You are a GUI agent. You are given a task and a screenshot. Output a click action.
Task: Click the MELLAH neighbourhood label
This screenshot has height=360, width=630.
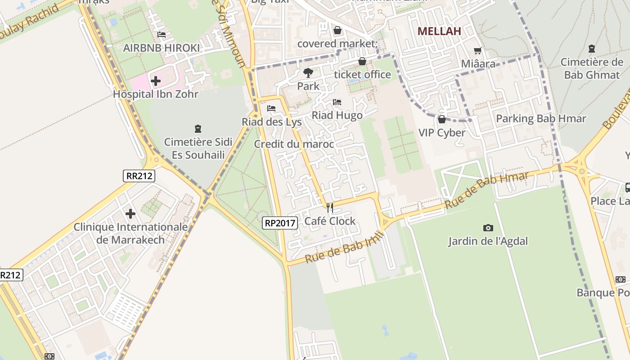[x=439, y=31]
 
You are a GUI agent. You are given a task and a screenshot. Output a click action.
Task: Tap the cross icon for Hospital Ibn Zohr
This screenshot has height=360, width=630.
[x=156, y=81]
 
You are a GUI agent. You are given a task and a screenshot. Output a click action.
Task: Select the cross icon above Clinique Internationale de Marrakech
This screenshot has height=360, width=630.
[x=130, y=213]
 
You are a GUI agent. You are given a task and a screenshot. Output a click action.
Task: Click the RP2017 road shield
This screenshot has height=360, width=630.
[x=280, y=222]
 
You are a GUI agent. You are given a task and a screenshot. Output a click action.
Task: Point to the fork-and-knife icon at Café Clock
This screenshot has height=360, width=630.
[x=330, y=208]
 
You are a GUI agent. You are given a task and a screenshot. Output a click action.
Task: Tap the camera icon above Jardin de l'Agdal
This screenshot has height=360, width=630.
[x=488, y=228]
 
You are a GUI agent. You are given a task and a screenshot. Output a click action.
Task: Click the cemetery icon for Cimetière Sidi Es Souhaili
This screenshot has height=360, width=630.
[x=198, y=129]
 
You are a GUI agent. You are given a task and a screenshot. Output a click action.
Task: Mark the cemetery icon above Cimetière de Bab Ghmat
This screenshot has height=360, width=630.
[x=592, y=49]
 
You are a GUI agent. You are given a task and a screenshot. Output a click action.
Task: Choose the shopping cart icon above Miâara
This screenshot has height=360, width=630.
[x=478, y=51]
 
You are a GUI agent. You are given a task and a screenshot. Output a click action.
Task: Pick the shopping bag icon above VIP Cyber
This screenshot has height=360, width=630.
[x=442, y=119]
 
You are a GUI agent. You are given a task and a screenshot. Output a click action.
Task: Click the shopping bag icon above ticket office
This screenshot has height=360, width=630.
[x=362, y=61]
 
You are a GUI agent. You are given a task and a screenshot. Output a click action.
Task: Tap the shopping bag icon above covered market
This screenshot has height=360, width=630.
[x=337, y=30]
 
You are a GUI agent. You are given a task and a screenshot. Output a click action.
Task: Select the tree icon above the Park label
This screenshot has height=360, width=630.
[x=308, y=72]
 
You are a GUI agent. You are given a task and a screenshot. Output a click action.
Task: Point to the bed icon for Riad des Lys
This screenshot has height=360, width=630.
[x=271, y=108]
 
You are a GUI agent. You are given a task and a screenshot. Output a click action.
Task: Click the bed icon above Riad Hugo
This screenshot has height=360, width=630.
[x=337, y=102]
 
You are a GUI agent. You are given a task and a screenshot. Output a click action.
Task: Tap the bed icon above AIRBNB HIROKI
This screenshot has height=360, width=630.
[x=162, y=35]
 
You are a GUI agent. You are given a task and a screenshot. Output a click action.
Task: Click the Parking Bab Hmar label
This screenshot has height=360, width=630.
[x=541, y=119]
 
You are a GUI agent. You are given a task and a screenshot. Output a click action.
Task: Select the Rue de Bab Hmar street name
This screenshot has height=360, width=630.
[x=487, y=189]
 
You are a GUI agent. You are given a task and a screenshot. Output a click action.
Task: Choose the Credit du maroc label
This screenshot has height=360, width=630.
[x=294, y=144]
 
